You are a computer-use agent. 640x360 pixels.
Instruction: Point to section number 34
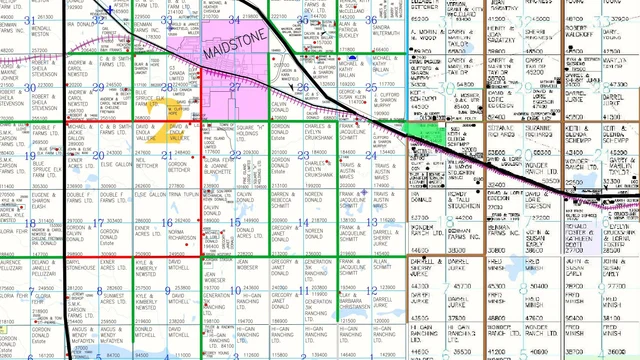coord(233,19)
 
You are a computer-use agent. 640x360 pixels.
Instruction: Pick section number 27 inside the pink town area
coord(233,87)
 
